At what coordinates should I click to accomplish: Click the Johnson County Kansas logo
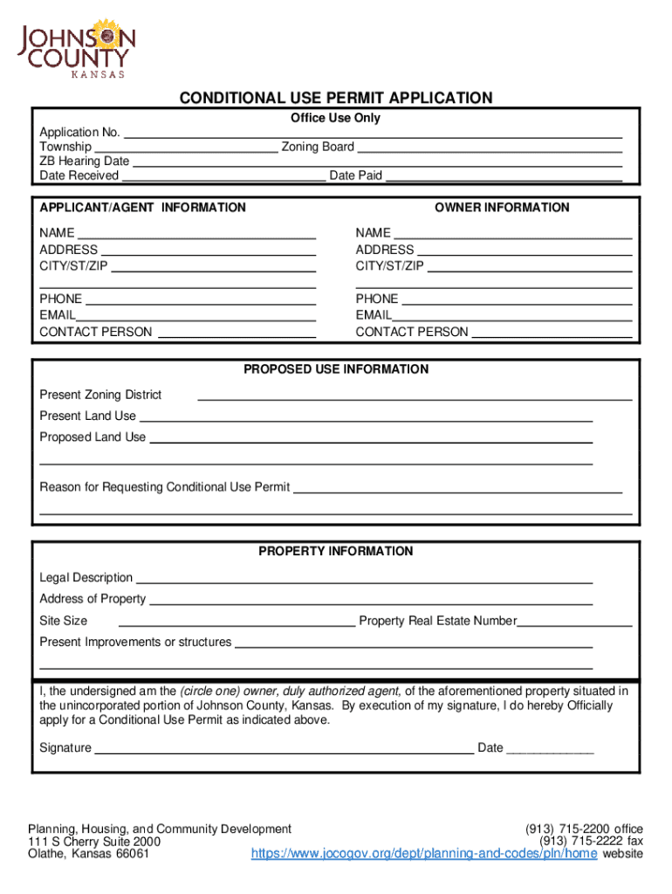tap(77, 48)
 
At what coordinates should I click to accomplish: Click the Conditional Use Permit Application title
tap(336, 98)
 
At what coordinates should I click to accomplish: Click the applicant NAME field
tap(196, 234)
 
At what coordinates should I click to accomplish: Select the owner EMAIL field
tap(512, 316)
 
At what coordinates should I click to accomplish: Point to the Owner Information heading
tap(502, 208)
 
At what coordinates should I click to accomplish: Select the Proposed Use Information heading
tap(336, 369)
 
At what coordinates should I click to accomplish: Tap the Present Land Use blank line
tap(365, 417)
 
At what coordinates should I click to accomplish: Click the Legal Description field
tap(364, 579)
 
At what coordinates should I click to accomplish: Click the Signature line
tap(284, 749)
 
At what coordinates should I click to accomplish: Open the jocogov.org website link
tap(424, 854)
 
